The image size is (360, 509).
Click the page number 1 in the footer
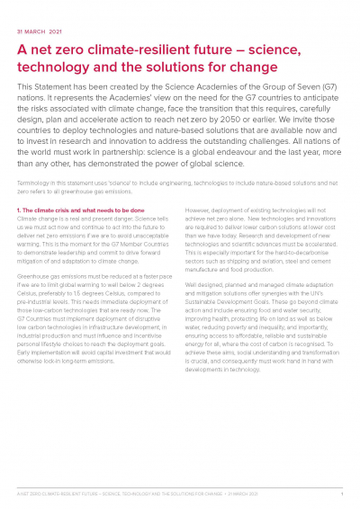pyautogui.click(x=341, y=494)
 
